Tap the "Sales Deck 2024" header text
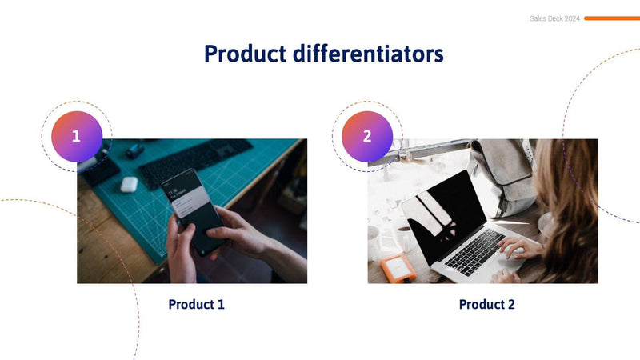click(554, 18)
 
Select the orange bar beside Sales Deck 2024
click(611, 18)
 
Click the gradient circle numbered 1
click(77, 136)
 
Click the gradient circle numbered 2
click(367, 136)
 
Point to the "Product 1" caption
click(196, 305)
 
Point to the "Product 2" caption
click(486, 305)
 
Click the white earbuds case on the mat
click(129, 183)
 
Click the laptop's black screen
click(444, 216)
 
